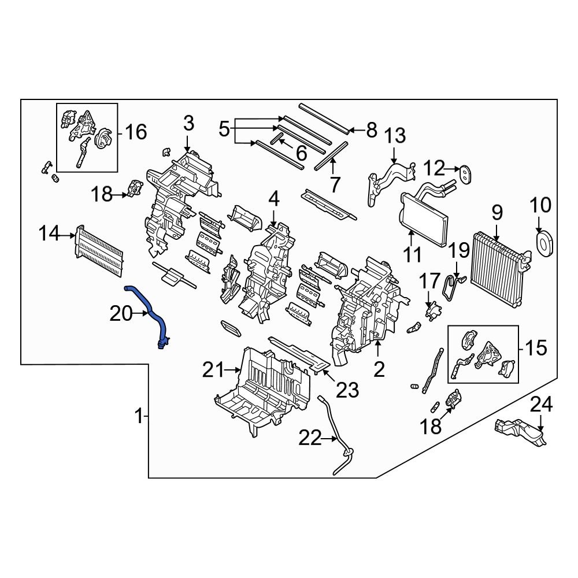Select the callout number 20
click(x=121, y=314)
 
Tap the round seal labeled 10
click(x=544, y=243)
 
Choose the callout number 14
click(x=50, y=234)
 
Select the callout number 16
click(x=136, y=132)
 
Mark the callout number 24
click(x=542, y=404)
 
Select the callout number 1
click(x=139, y=416)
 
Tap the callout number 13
click(x=396, y=136)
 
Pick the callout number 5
click(x=224, y=128)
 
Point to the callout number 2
click(x=379, y=368)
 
